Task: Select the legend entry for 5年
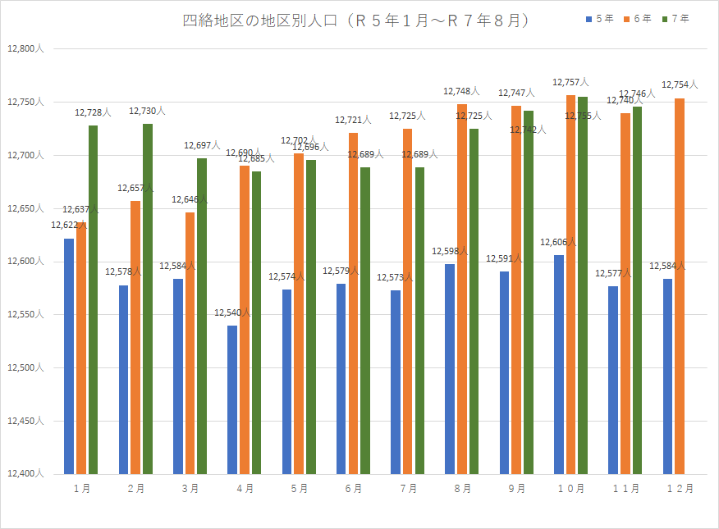603,18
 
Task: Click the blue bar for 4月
232,399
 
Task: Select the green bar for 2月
148,299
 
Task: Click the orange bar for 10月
570,285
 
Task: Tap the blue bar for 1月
69,356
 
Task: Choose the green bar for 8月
474,301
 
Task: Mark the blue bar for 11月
614,380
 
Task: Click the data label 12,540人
232,312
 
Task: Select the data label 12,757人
570,82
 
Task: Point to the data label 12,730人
147,111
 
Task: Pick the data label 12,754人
680,84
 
